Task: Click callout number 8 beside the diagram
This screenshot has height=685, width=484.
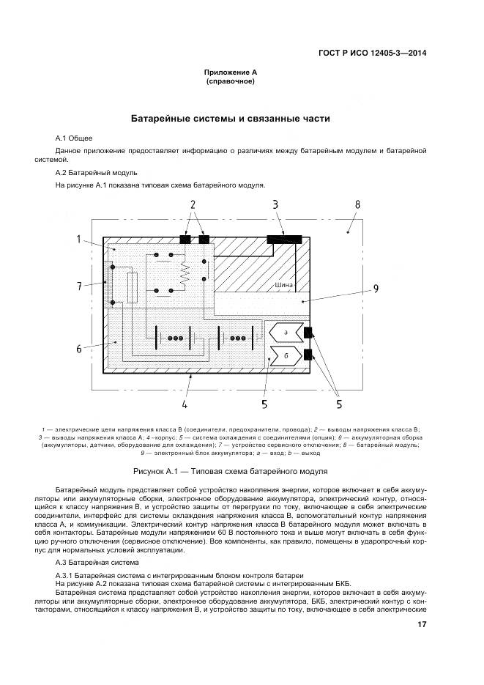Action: (x=357, y=204)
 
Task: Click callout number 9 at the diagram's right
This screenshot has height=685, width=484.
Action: (x=375, y=289)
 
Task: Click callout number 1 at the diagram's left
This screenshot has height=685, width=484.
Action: (x=79, y=240)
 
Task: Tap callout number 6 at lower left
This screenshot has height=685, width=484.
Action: (x=79, y=349)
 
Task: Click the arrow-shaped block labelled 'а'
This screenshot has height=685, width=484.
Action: (x=284, y=333)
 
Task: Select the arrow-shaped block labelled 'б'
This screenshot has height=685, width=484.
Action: (x=284, y=356)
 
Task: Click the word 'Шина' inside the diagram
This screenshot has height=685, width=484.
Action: (x=283, y=285)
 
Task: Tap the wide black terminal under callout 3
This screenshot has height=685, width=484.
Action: (x=284, y=239)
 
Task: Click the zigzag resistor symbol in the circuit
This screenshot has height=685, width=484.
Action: (x=185, y=274)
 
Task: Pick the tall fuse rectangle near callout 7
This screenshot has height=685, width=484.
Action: (x=133, y=287)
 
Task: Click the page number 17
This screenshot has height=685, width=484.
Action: (x=422, y=624)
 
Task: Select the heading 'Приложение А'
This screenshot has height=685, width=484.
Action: (x=230, y=73)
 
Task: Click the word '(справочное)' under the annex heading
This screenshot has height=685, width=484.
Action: (x=230, y=82)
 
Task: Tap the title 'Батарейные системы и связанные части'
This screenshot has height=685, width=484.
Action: (x=230, y=118)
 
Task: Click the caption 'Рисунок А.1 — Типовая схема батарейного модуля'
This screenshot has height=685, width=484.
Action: (x=230, y=471)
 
